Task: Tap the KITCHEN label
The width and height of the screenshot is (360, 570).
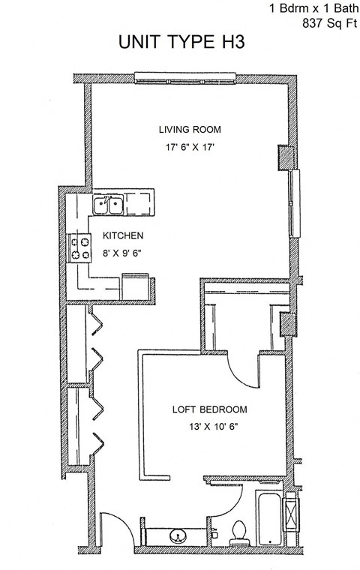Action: click(124, 235)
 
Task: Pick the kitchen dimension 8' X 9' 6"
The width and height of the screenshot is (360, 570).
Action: click(122, 253)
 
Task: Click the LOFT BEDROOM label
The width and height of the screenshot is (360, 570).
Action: click(209, 410)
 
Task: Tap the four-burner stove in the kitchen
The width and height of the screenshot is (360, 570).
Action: click(79, 247)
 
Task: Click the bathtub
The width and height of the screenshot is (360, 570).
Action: click(269, 519)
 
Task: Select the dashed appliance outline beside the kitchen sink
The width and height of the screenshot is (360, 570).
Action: click(139, 203)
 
